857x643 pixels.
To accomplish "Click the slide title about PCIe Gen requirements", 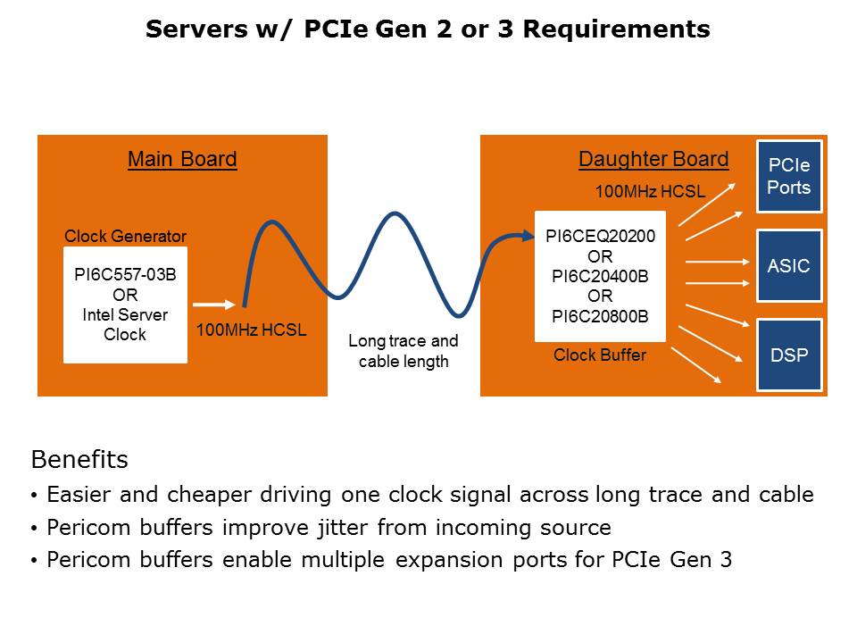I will pos(428,29).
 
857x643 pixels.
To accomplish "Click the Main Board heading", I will pos(182,159).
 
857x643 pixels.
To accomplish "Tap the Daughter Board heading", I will pos(653,159).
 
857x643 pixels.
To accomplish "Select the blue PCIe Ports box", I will pos(789,176).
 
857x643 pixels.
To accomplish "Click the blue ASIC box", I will pos(789,266).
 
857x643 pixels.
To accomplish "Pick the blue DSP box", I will pos(789,355).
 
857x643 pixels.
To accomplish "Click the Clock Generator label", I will pos(125,237).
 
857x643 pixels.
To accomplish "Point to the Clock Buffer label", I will pos(600,355).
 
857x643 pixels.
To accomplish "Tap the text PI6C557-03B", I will pos(125,275).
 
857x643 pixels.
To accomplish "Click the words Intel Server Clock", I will pos(125,325).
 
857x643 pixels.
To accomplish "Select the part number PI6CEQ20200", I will pos(600,237).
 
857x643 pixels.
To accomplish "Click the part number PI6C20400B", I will pos(600,276).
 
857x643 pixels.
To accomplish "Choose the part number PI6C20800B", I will pos(600,315).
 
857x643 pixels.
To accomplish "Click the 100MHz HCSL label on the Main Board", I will pos(252,330).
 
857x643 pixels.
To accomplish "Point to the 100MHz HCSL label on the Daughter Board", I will pos(650,192).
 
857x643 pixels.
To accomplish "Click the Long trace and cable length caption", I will pos(404,351).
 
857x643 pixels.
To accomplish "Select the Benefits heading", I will pos(79,460).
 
